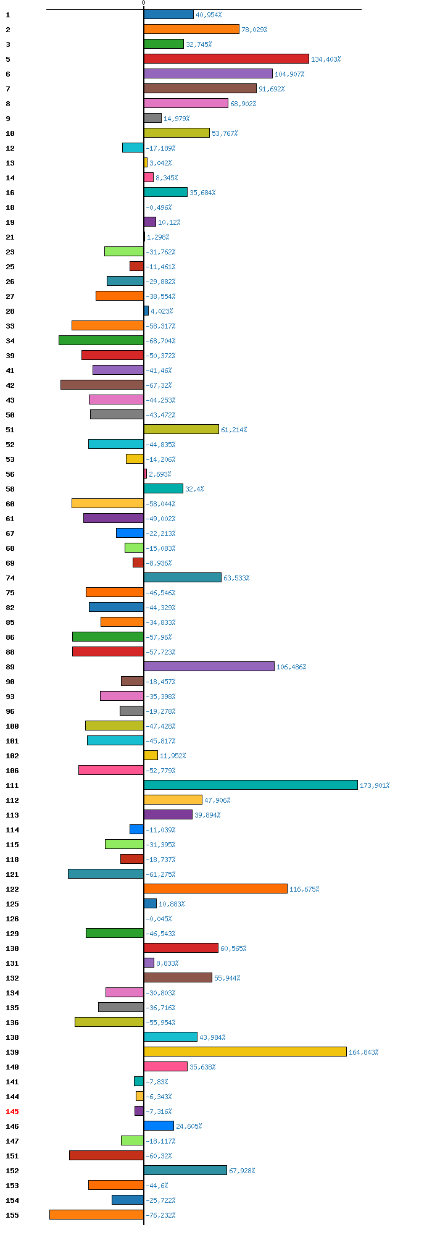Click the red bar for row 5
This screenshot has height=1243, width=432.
tap(226, 59)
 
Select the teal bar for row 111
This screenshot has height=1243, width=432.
tap(251, 785)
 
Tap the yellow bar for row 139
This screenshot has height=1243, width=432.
tap(245, 1052)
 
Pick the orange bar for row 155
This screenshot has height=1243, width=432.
tap(97, 1215)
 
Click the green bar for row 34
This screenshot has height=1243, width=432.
tap(101, 340)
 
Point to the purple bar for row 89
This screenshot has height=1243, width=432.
tap(209, 666)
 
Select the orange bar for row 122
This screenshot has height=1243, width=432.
tap(215, 889)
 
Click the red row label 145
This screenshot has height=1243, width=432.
tap(12, 1111)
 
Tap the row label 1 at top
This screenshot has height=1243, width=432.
tap(7, 15)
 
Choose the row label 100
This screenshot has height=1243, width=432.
tap(12, 726)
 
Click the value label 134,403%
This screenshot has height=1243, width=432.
tap(326, 59)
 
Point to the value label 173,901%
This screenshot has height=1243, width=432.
tap(375, 785)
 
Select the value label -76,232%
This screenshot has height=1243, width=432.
tap(160, 1215)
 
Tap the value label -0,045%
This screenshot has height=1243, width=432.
tap(159, 919)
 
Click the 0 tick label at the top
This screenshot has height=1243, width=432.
tap(144, 3)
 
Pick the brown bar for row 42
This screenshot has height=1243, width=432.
tap(102, 385)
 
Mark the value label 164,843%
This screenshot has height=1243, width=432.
tap(363, 1052)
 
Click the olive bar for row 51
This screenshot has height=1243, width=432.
tap(181, 429)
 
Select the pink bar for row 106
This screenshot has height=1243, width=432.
tap(111, 770)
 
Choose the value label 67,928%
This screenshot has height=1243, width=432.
tap(242, 1171)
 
